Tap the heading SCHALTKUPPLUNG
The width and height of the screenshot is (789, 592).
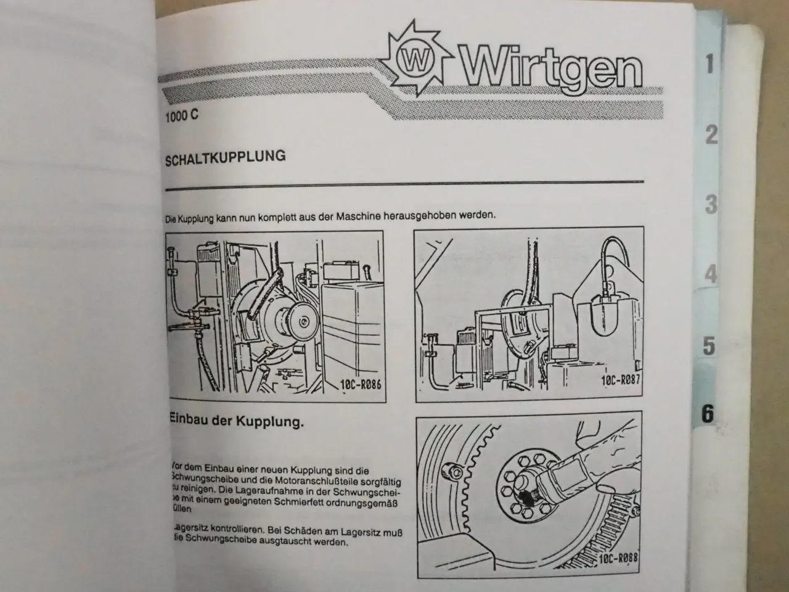225,157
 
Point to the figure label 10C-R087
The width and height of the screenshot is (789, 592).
620,380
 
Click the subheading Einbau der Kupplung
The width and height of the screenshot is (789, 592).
236,422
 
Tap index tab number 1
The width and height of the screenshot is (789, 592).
709,64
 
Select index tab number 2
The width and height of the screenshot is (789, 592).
711,134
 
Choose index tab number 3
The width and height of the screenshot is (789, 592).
711,204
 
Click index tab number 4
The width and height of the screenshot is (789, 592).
711,274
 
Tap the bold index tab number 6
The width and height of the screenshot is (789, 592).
708,414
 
